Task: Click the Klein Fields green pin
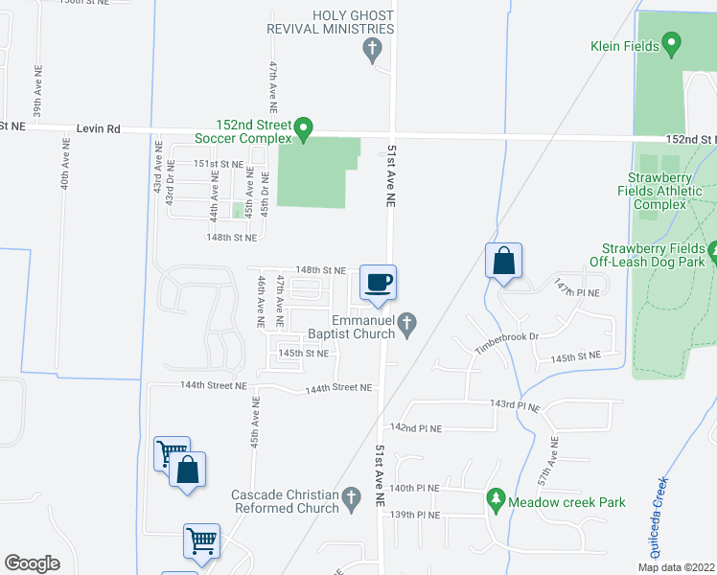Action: (672, 44)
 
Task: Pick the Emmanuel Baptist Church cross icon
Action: (408, 324)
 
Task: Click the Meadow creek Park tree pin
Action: (496, 499)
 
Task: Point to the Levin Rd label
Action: (99, 127)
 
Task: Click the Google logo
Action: (33, 563)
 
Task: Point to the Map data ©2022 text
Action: (677, 567)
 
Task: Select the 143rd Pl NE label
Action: (516, 406)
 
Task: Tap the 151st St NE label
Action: (219, 164)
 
